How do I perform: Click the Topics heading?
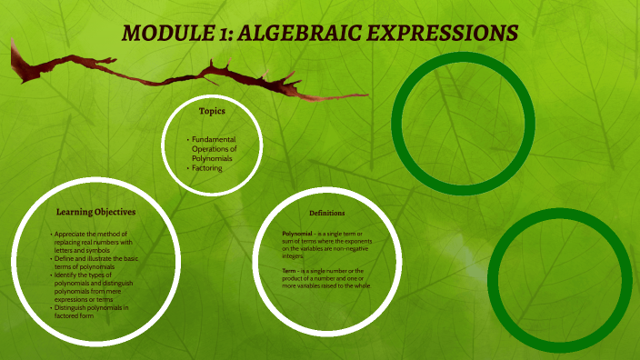pos(212,111)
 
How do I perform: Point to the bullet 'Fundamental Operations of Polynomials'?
pos(214,149)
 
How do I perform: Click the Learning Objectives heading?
pos(95,212)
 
